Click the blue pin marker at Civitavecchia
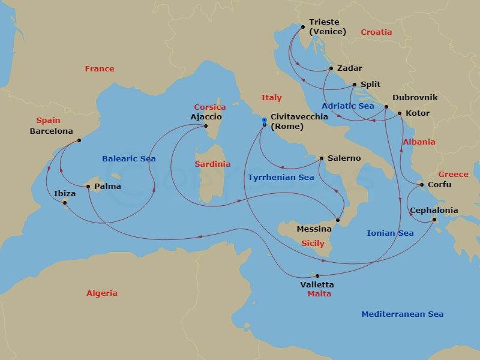click(x=264, y=122)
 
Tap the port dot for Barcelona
click(x=79, y=141)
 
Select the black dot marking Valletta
click(x=317, y=275)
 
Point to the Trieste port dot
click(x=302, y=26)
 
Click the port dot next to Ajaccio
click(x=206, y=126)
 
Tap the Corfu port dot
click(x=422, y=185)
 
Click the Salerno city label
click(x=344, y=158)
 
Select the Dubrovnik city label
click(x=415, y=98)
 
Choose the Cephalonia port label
click(x=434, y=211)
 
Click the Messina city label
click(x=314, y=229)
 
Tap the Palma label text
click(x=108, y=187)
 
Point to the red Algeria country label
click(x=102, y=293)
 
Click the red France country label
click(x=100, y=69)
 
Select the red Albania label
click(x=419, y=142)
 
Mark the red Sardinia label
click(x=212, y=164)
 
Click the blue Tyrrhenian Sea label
click(x=281, y=178)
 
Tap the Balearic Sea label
click(x=129, y=159)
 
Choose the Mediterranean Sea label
click(x=403, y=314)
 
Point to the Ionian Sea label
click(x=390, y=233)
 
